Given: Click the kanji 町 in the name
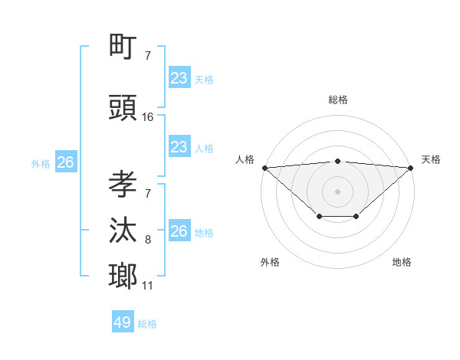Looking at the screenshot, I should click(x=123, y=48).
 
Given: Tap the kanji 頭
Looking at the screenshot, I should click(x=123, y=109).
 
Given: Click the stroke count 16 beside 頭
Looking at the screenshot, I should click(x=148, y=117).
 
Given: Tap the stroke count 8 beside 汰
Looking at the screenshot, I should click(x=148, y=241).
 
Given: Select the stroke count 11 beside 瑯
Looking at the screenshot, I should click(x=147, y=286).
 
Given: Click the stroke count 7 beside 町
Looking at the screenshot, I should click(x=148, y=56).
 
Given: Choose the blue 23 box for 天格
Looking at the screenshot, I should click(x=179, y=78).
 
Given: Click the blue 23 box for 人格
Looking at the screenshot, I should click(x=179, y=147).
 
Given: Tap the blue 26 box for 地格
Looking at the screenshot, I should click(x=179, y=231).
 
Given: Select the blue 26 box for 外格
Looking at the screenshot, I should click(x=65, y=162).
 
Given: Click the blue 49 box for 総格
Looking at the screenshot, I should click(x=122, y=322).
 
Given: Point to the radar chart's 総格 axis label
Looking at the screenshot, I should click(x=338, y=100).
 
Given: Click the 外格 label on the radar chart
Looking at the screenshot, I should click(x=270, y=262).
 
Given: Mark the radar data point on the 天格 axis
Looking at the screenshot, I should click(x=411, y=168).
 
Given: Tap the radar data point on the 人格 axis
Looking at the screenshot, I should click(x=264, y=168).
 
